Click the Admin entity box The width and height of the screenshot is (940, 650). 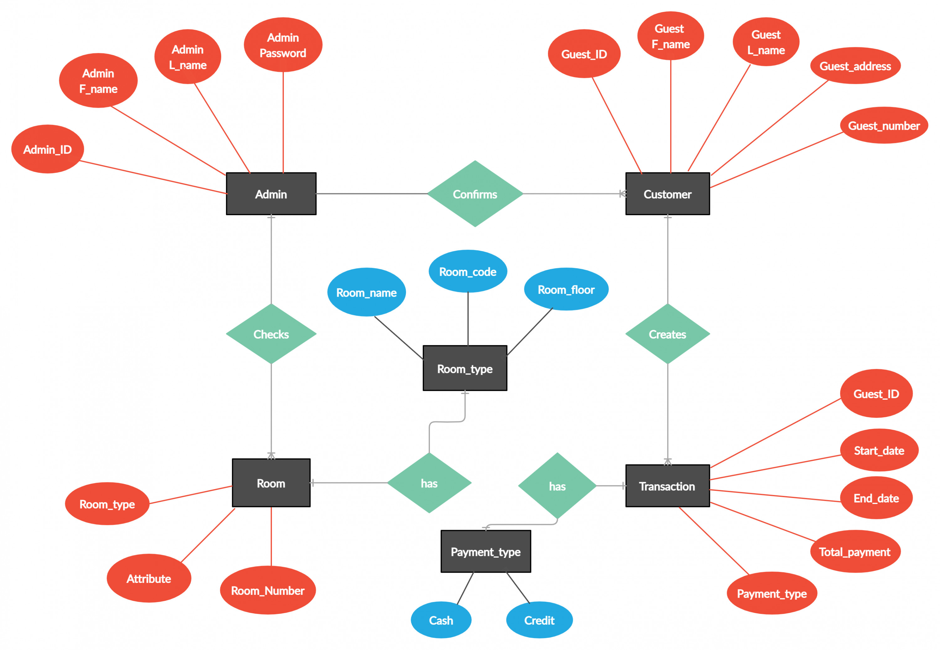271,194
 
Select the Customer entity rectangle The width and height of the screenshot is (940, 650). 667,194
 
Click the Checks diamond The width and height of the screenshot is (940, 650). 271,334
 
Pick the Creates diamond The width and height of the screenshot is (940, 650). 667,334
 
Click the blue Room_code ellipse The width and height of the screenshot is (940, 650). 467,271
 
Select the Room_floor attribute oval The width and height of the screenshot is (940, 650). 566,289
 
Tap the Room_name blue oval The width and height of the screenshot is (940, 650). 366,292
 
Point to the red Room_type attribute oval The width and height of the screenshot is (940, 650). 107,504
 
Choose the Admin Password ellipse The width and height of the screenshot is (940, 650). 283,45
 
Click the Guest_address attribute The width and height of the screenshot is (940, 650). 855,65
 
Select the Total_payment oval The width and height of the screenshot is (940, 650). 854,551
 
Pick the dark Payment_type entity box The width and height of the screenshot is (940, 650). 485,551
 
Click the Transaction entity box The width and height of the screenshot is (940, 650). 667,486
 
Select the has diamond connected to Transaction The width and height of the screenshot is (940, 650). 557,486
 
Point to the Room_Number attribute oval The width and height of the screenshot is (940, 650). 268,590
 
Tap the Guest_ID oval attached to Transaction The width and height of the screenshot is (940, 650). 876,393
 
